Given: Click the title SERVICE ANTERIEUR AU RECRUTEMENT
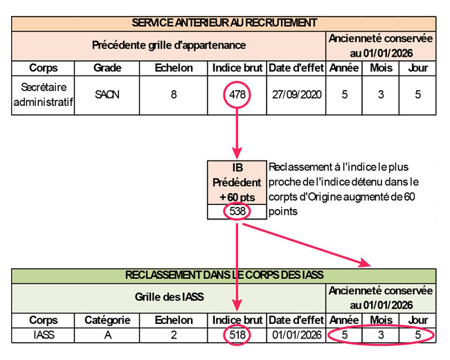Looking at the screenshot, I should (224, 23).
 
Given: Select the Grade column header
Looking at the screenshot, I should (107, 68).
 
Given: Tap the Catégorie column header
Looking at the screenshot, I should (107, 320).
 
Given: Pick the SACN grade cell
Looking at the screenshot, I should (107, 95).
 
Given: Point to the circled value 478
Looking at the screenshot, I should (237, 95).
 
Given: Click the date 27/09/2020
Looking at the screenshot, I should (296, 95).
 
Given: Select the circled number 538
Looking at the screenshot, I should (237, 211).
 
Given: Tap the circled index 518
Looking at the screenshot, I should (237, 335).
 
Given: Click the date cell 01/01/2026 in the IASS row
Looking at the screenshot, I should (296, 335).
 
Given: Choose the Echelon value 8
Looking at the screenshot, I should (173, 95).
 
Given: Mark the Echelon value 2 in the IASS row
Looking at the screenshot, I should (173, 335).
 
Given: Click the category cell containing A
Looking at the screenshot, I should (107, 335).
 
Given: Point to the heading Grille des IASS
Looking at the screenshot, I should (169, 298).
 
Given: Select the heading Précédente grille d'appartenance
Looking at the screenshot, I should (169, 45).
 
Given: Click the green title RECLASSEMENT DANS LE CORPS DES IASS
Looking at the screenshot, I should (224, 275).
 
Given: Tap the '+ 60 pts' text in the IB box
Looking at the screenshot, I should (237, 197).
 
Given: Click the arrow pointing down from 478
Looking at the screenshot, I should (237, 135).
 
